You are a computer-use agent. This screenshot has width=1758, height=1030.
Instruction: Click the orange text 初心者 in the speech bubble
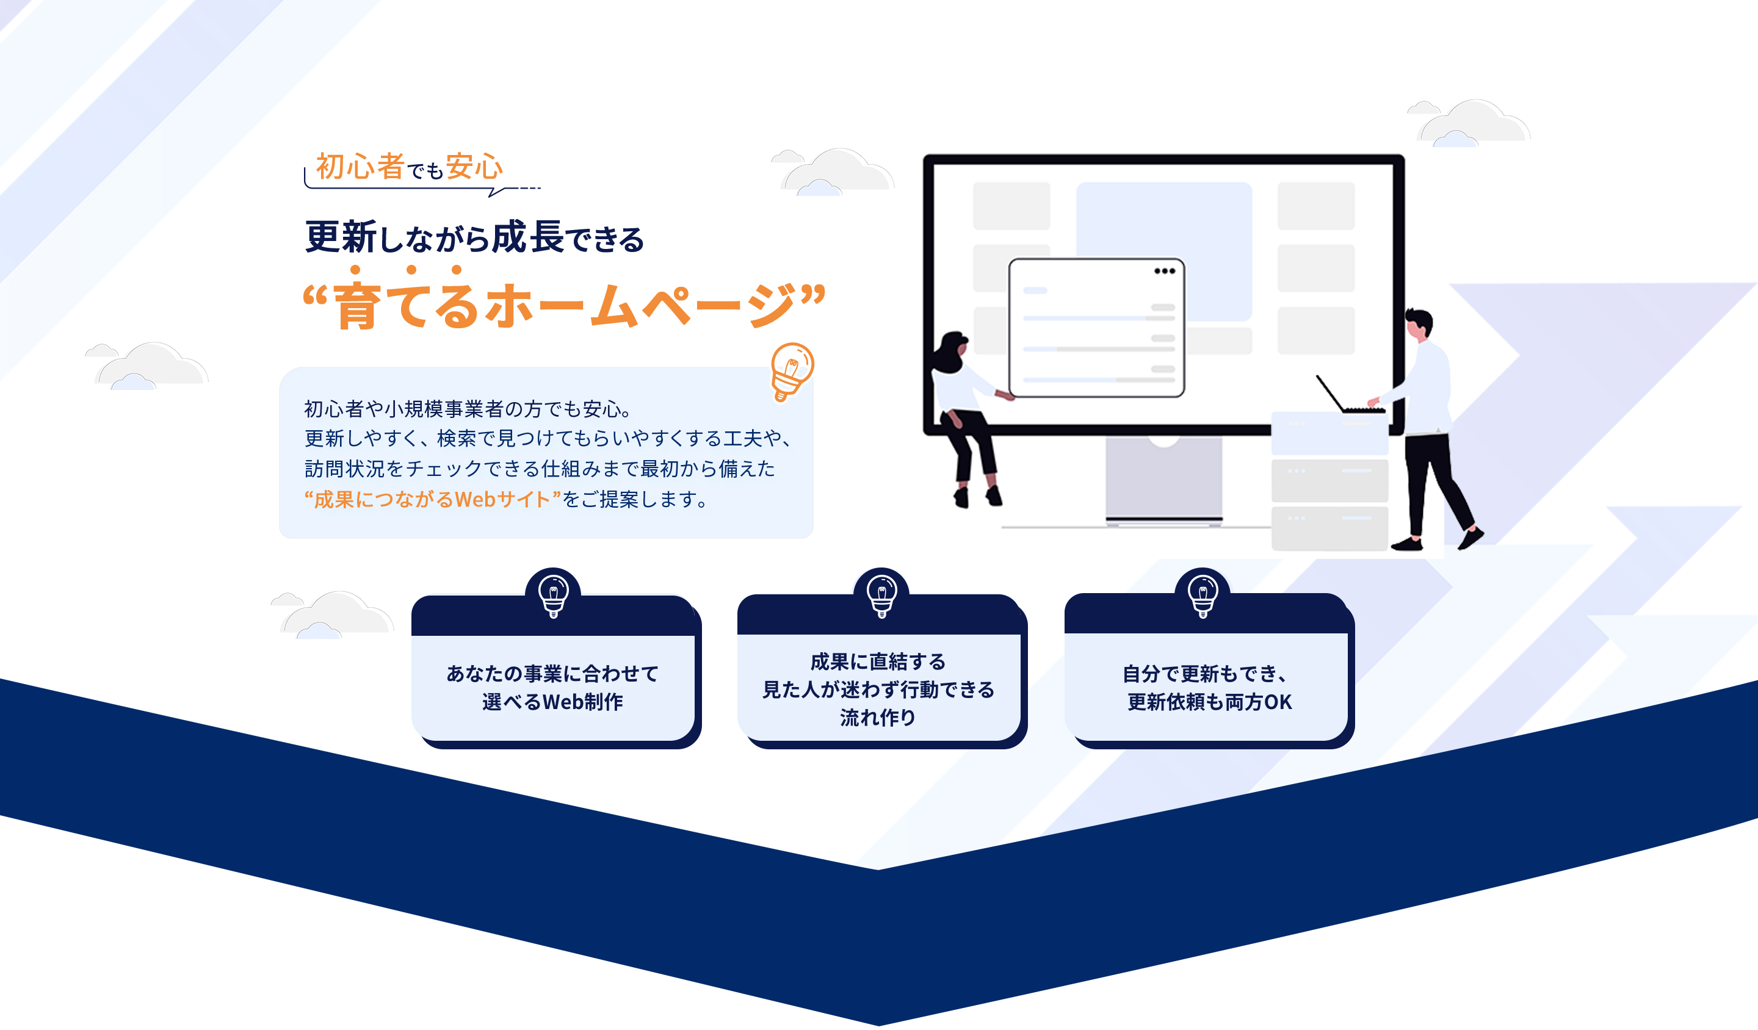(x=360, y=167)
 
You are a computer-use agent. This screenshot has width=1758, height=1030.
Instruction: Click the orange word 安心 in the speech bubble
(x=474, y=167)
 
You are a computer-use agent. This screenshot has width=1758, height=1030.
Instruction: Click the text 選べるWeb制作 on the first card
(x=552, y=702)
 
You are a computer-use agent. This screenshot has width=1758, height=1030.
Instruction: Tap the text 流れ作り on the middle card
(x=878, y=717)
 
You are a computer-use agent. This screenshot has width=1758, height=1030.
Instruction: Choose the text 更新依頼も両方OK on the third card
(x=1210, y=702)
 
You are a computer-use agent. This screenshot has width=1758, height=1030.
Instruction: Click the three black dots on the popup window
(x=1164, y=272)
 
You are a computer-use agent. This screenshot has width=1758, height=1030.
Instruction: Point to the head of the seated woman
(x=952, y=347)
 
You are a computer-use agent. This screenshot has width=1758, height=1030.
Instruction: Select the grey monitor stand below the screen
(x=1163, y=479)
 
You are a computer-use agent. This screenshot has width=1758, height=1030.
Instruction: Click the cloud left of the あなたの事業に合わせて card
(x=333, y=614)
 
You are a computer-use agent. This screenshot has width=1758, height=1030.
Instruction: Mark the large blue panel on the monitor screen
(x=1163, y=251)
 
